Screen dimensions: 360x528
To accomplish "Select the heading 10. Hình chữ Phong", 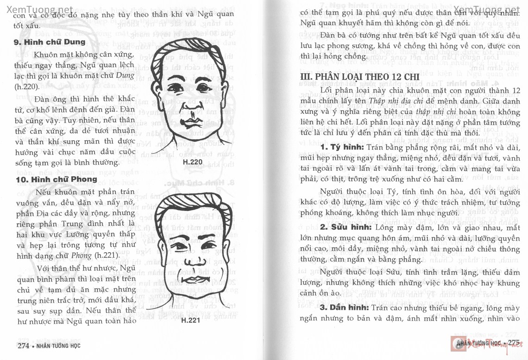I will pos(56,179).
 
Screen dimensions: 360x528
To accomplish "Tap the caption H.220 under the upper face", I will pos(193,161).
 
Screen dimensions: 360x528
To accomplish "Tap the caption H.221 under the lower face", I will pos(190,320).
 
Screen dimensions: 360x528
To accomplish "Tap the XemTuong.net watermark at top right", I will pos(486,10).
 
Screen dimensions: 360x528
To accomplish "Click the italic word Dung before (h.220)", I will pos(125,76).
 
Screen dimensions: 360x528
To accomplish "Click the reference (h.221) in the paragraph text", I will pos(107,255).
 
